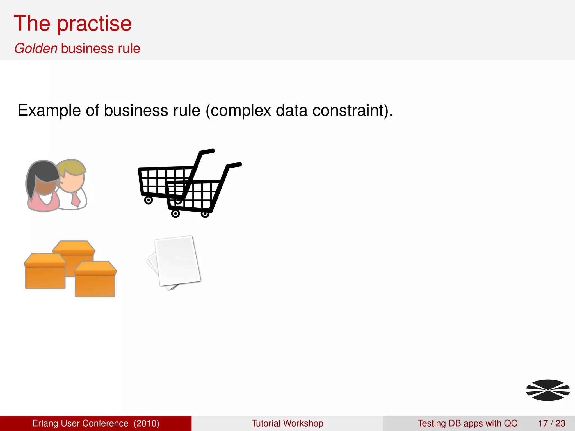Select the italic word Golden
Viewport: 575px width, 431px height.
coord(36,48)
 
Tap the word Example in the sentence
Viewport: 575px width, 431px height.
coord(49,111)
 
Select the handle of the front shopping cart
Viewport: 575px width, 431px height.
coord(234,165)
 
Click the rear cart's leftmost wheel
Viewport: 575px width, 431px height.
coord(148,200)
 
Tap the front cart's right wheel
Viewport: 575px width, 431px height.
coord(205,214)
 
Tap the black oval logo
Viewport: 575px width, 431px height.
coord(548,390)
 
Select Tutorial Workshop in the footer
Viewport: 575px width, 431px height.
coord(287,423)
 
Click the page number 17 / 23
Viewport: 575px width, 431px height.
coord(551,423)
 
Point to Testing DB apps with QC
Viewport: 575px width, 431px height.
coord(467,423)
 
